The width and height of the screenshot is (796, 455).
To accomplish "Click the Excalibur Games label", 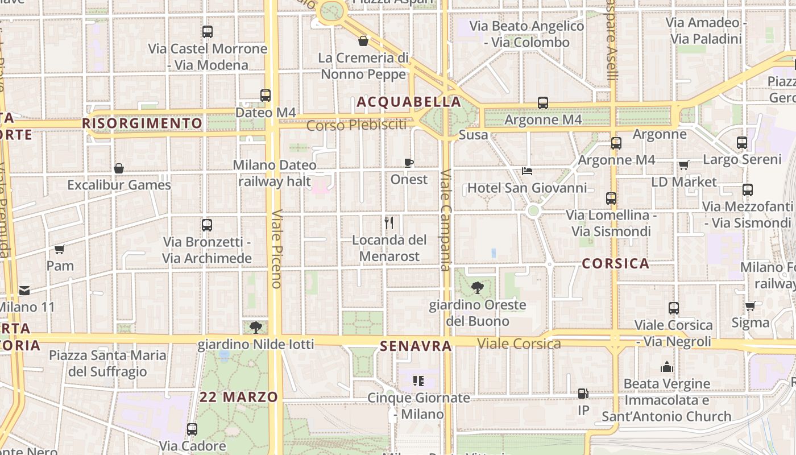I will (119, 185).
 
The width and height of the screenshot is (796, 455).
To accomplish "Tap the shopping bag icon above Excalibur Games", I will (119, 168).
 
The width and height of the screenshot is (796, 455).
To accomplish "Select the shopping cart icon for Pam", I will (60, 249).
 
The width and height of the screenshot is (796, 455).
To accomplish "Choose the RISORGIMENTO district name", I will (142, 123).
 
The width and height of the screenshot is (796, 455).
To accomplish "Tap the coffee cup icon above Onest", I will (409, 163).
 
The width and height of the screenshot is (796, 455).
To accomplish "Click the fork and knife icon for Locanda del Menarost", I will (389, 222).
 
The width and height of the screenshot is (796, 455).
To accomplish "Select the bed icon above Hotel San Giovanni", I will (527, 171).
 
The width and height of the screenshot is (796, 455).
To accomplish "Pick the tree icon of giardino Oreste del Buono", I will (478, 288).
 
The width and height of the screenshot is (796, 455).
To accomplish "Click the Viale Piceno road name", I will (277, 249).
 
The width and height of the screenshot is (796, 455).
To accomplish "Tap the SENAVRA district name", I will (416, 346).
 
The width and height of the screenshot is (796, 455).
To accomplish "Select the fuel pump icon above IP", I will (583, 394).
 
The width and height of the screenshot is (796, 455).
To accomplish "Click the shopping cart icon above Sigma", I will (751, 306).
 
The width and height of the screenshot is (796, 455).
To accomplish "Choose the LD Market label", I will (684, 182).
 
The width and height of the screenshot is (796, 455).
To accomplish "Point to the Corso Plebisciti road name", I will (357, 125).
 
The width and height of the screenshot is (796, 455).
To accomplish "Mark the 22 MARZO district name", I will (239, 397).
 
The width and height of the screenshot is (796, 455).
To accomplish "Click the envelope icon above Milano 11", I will (24, 291).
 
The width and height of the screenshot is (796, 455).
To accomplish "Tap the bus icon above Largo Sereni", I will (742, 143).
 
